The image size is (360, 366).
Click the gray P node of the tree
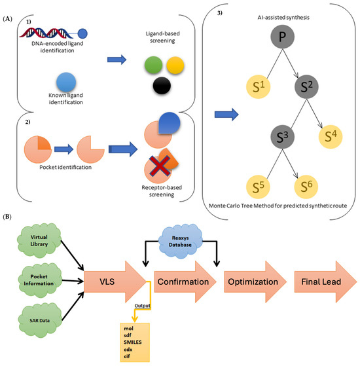282,37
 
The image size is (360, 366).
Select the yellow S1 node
259,86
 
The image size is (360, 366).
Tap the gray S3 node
282,137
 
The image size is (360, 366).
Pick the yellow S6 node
306,187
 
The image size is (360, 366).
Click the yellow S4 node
331,137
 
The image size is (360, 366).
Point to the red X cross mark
160,166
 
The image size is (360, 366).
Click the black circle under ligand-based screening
162,86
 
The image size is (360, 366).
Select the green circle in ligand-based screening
153,65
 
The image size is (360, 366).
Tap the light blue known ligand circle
66,82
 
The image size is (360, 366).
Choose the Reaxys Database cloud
180,241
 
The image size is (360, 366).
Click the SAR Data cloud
40,320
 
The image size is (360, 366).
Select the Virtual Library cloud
39,240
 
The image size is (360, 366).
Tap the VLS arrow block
115,282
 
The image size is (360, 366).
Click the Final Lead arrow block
326,282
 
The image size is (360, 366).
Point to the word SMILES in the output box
132,342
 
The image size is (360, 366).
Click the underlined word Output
142,306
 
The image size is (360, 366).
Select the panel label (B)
7,217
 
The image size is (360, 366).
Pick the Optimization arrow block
255,282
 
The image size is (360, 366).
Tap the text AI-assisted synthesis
283,18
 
